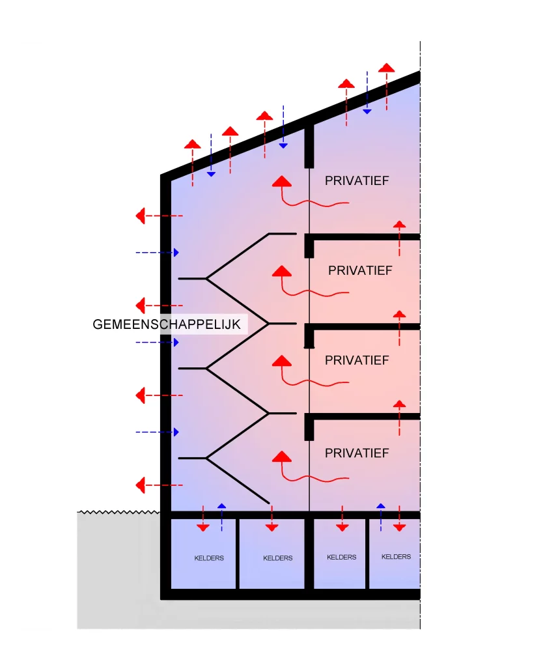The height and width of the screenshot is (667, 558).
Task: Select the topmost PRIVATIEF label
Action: (356, 180)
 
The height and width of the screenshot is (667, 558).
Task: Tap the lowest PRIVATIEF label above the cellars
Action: (356, 453)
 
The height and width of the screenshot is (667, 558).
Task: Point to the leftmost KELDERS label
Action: (209, 558)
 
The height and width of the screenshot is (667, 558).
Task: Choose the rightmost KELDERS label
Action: (396, 557)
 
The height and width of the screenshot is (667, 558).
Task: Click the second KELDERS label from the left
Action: (278, 558)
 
